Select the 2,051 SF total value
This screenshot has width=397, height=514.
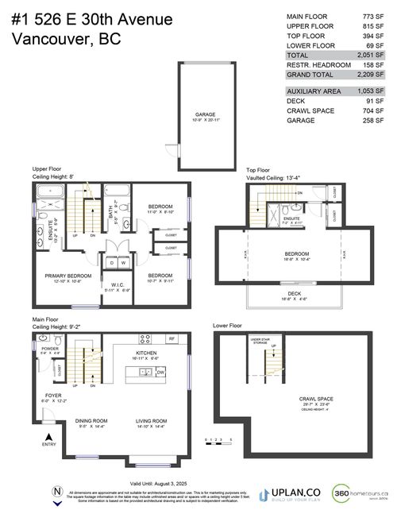372,55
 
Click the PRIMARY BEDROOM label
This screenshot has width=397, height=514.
68,276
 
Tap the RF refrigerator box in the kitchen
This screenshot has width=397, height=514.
172,338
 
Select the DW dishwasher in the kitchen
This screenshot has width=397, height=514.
161,371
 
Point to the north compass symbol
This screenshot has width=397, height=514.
56,491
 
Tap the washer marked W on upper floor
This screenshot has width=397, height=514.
123,263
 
